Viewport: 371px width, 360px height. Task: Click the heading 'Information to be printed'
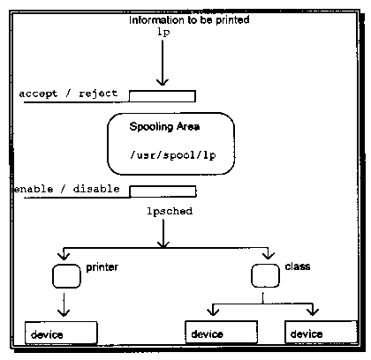click(x=189, y=20)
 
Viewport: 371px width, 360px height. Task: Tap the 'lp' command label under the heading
click(x=163, y=32)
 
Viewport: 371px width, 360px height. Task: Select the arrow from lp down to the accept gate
click(x=163, y=63)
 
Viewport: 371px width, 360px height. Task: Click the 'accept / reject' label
click(x=68, y=94)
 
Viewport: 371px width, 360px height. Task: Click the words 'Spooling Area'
click(x=164, y=126)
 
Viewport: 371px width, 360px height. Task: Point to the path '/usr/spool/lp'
click(x=173, y=155)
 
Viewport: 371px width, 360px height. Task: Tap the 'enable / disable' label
click(x=67, y=189)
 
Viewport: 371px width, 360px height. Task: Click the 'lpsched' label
click(x=170, y=211)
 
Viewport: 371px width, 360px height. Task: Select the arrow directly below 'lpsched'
click(x=163, y=233)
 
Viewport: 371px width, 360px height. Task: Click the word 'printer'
click(x=102, y=267)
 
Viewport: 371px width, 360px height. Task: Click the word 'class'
click(x=298, y=266)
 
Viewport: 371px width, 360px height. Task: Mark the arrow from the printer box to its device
click(x=64, y=304)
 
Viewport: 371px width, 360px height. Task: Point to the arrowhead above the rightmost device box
click(x=313, y=311)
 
